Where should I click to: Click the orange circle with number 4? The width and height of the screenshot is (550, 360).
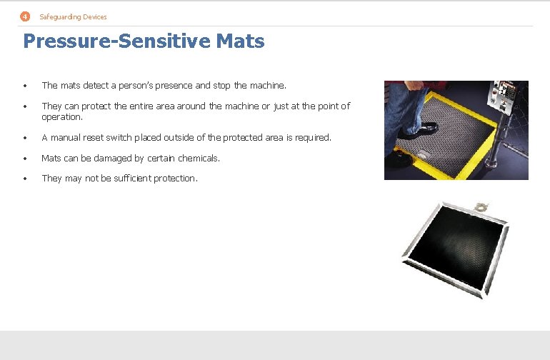tap(26, 16)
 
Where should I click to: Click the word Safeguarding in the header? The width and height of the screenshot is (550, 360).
tap(56, 16)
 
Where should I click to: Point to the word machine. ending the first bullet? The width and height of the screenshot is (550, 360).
tap(269, 86)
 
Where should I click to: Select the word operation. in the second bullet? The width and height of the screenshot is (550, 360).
tap(62, 116)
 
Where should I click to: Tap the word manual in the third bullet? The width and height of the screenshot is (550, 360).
tap(65, 137)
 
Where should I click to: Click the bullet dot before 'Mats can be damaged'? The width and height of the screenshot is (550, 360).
tap(25, 159)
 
